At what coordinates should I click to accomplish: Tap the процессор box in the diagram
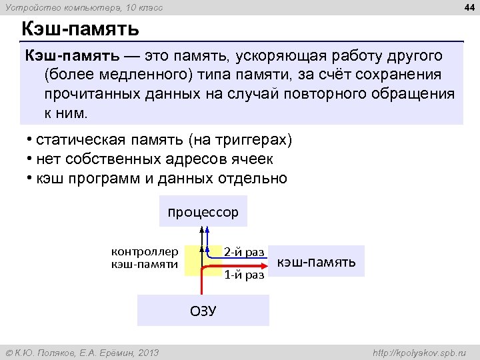click(x=203, y=212)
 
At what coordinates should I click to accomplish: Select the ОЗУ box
click(x=203, y=311)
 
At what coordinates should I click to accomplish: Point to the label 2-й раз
click(x=243, y=251)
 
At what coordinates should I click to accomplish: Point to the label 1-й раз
click(x=243, y=274)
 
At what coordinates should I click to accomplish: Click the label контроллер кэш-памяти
click(x=144, y=257)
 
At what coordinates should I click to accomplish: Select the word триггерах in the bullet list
click(x=249, y=141)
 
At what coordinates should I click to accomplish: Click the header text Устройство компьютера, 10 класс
click(x=83, y=7)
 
